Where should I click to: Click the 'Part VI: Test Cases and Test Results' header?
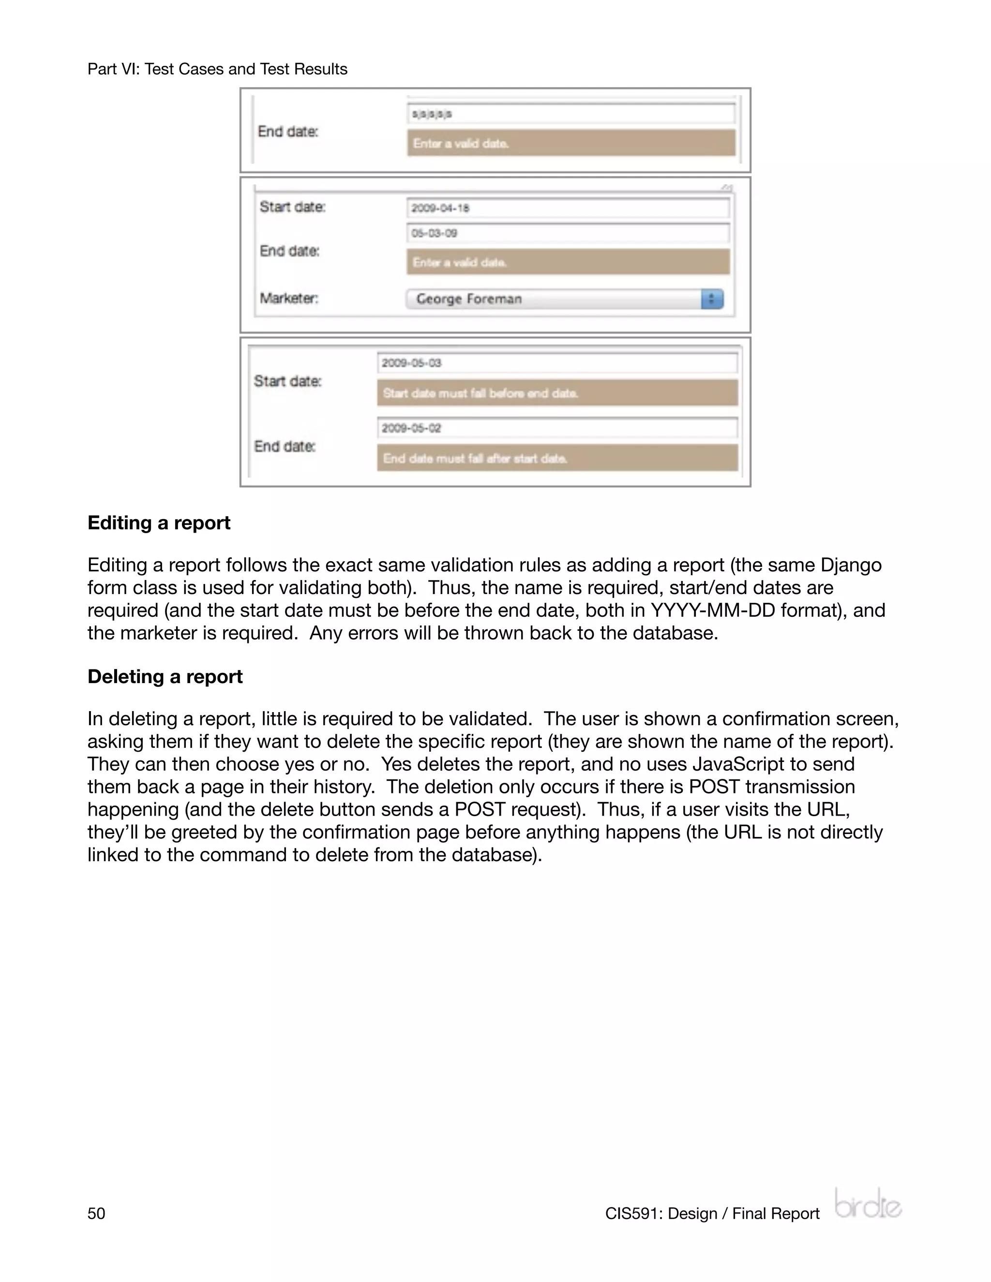(x=217, y=69)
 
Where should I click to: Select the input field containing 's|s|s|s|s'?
(x=571, y=114)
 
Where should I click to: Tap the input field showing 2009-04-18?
(x=568, y=209)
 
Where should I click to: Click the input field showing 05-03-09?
(x=568, y=233)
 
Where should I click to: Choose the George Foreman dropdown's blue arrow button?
(x=711, y=299)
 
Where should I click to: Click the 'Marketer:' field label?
(x=289, y=299)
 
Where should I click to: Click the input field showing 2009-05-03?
(x=557, y=363)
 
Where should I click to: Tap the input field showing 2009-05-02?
(x=557, y=428)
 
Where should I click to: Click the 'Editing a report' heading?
(x=159, y=523)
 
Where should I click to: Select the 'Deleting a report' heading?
(x=165, y=677)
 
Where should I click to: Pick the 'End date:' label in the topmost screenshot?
(x=288, y=132)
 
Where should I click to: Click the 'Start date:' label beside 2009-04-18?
(x=292, y=207)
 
